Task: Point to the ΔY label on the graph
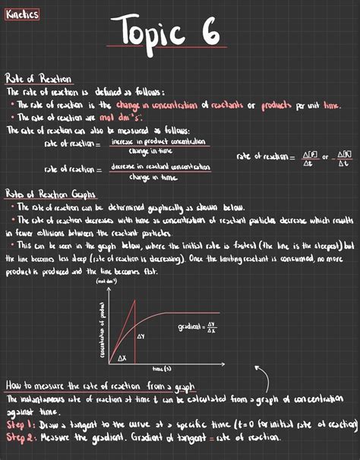tap(142, 335)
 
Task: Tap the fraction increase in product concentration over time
tap(159, 146)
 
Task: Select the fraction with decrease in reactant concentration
tap(159, 171)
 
